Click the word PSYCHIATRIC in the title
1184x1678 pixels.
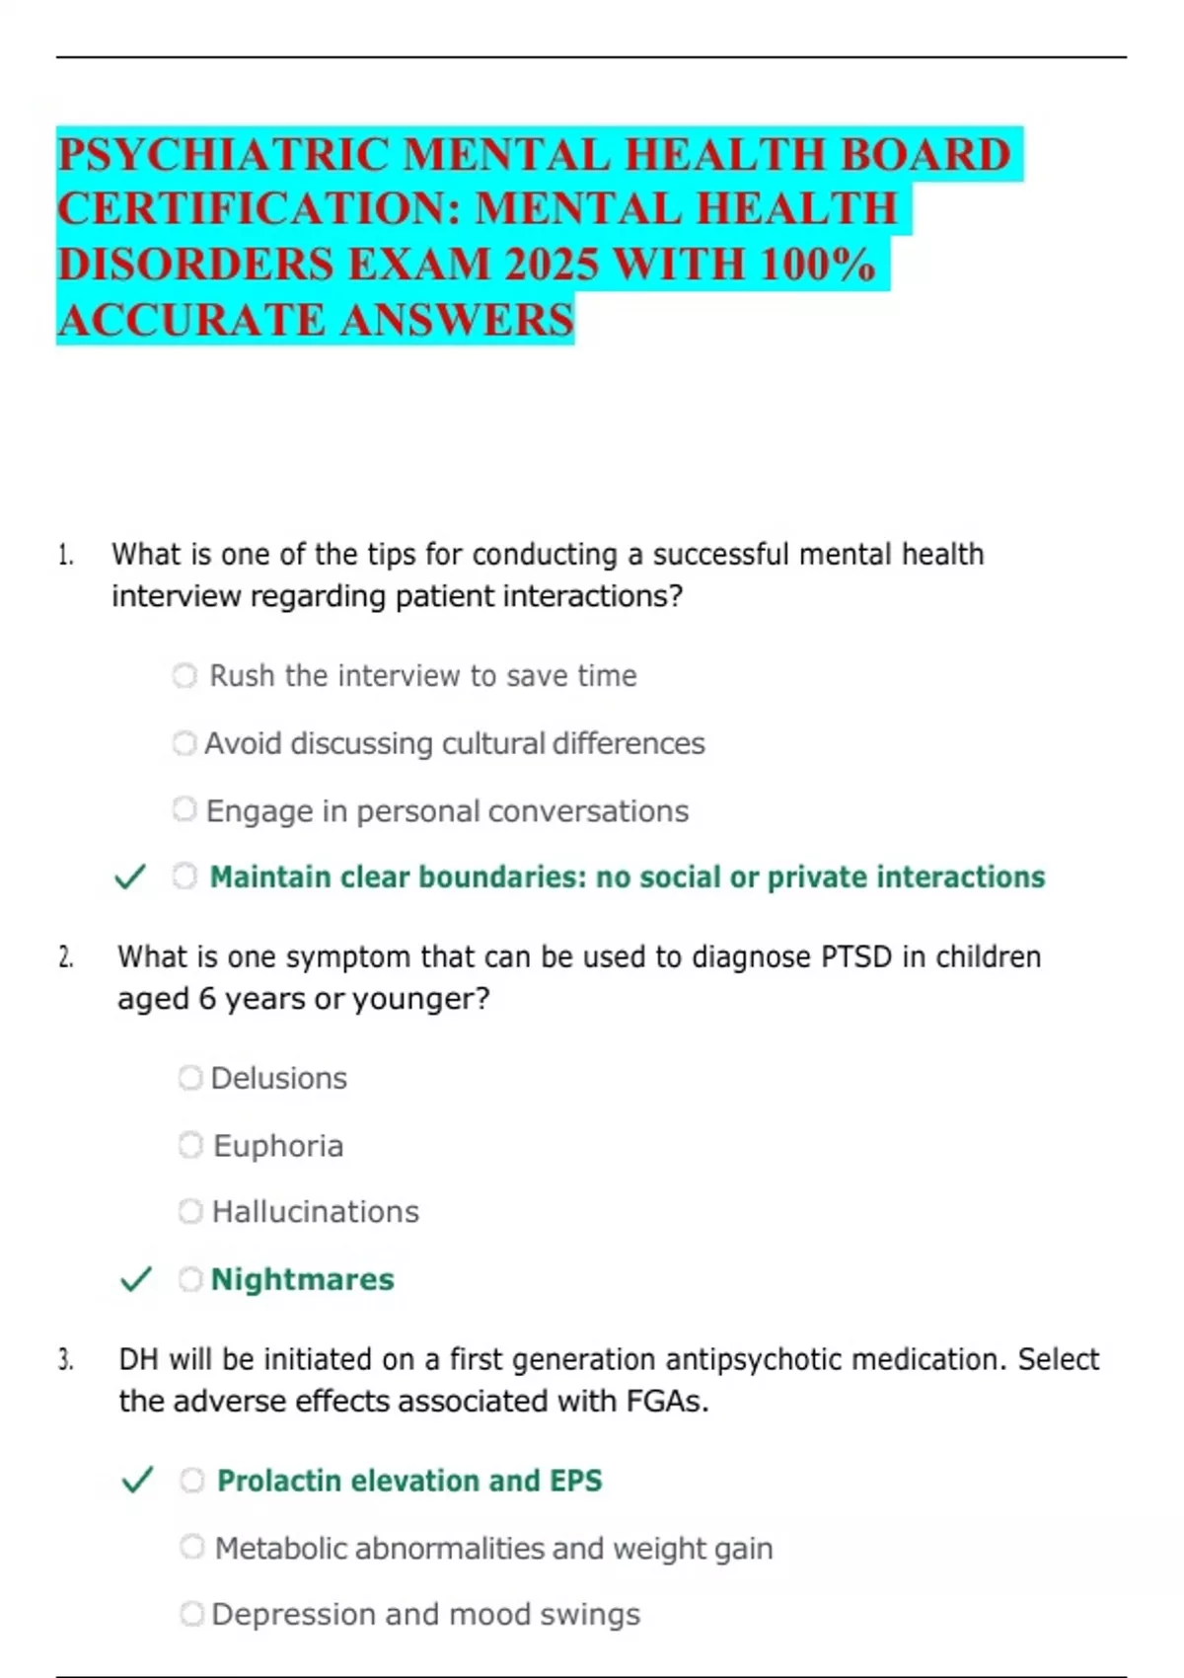pos(222,155)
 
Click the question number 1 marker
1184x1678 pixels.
pos(65,555)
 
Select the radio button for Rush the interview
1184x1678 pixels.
pos(185,676)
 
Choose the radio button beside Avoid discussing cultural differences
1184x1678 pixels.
pos(185,743)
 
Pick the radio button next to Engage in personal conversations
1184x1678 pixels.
pos(185,810)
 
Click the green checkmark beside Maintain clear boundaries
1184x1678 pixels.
pos(130,877)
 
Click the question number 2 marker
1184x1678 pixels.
pos(65,957)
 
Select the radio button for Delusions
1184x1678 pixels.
pos(190,1078)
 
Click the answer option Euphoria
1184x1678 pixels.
pos(278,1146)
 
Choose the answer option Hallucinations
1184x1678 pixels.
pos(315,1212)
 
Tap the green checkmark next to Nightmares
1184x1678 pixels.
pos(135,1279)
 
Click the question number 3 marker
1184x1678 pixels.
pos(65,1360)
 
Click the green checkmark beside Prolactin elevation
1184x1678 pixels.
pos(136,1481)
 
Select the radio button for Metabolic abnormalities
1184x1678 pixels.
pos(192,1548)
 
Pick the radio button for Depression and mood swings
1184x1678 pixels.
pos(192,1615)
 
